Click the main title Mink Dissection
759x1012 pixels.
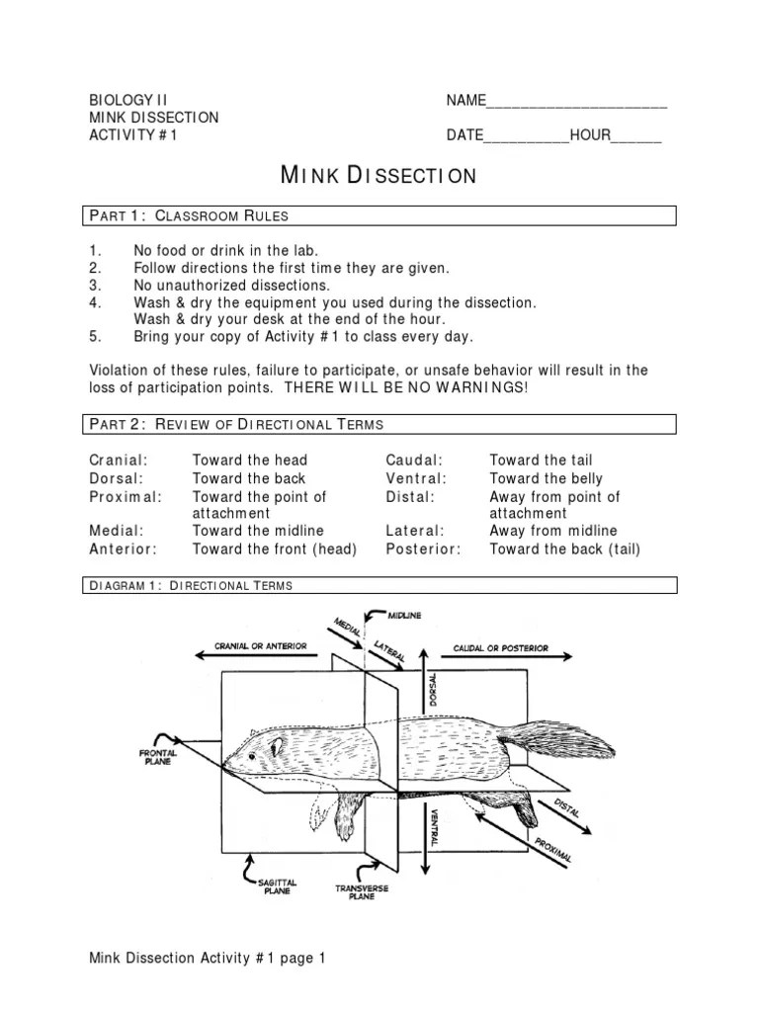pos(379,176)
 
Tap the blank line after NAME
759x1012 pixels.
pos(577,102)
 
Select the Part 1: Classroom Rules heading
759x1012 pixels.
pos(189,215)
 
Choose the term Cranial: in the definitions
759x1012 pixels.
pos(119,461)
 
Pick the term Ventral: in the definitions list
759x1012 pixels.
pos(415,479)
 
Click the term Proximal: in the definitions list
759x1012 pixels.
pos(125,497)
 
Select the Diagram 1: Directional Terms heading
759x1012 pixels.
pos(191,586)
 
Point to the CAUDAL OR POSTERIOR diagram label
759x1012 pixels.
pos(500,649)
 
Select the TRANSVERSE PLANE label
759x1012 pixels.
pos(362,893)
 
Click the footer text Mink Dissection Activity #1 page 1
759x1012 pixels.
pos(208,958)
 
